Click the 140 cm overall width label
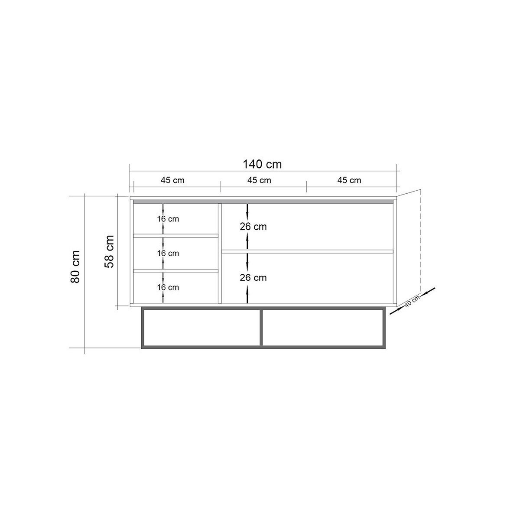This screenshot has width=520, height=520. pos(262,164)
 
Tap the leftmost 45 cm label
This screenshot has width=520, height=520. pos(172,180)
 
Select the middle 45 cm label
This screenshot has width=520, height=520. pos(259,180)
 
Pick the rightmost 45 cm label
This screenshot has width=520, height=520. pos(349,180)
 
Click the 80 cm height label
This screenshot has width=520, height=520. pos(75,266)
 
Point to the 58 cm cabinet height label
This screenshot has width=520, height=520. pos(109,251)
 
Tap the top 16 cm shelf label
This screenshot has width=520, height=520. pos(168,219)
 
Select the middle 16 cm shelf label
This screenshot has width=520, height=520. pos(168,253)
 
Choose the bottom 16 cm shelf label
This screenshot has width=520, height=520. pos(168,287)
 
